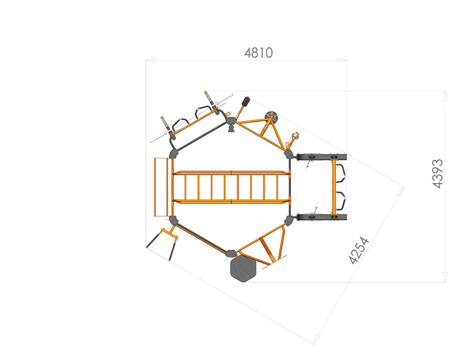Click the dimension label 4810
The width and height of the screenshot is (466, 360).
tap(258, 53)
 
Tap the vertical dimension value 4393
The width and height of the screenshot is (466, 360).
tap(438, 174)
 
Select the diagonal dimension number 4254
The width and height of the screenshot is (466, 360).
tap(359, 250)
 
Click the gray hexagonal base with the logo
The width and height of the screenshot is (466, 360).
tap(243, 269)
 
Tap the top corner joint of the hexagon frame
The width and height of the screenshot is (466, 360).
tap(231, 121)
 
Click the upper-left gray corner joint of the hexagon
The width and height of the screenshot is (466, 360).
tap(173, 154)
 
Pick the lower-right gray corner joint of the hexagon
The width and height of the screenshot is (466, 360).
tap(288, 221)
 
